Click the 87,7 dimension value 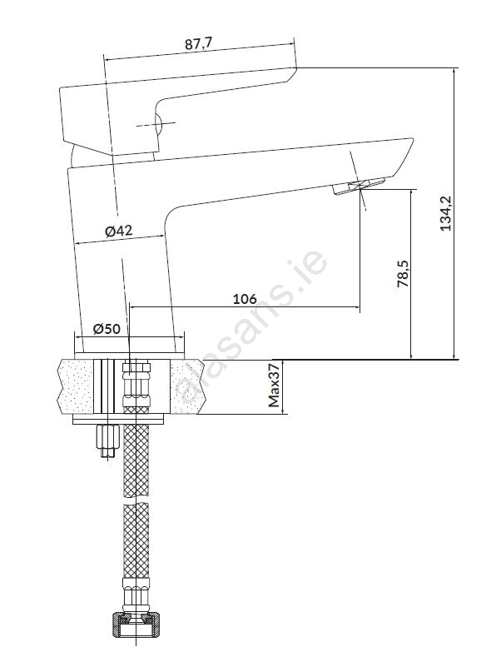click(x=198, y=43)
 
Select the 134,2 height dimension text click(x=446, y=213)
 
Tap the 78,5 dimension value click(x=403, y=274)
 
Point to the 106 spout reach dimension click(x=245, y=299)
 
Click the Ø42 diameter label click(x=119, y=231)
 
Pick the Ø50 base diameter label click(x=107, y=329)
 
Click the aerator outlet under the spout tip click(x=359, y=186)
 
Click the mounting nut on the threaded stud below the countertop click(x=107, y=436)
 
